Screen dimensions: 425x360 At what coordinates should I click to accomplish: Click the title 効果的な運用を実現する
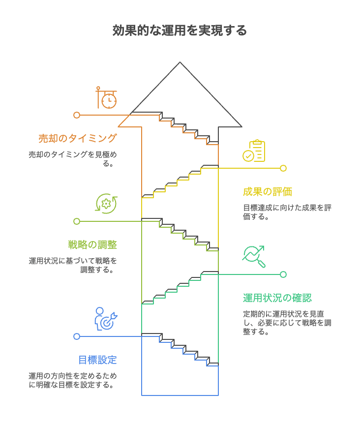(180, 30)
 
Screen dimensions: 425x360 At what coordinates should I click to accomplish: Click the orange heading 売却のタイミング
(78, 138)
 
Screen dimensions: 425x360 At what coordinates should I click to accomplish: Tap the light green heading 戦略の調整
(92, 244)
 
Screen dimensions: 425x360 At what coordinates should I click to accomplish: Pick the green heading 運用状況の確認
(277, 298)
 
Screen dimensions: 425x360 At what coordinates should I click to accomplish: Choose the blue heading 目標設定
(97, 360)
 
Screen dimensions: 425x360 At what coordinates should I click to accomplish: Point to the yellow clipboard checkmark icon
(254, 151)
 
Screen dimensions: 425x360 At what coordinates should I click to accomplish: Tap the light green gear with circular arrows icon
(106, 204)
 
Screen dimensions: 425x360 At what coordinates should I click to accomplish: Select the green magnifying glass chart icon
(254, 256)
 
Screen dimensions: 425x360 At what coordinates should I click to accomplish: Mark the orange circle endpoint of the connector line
(77, 115)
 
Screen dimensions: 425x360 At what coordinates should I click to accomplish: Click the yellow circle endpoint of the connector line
(283, 168)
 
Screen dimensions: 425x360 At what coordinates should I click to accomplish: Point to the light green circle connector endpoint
(77, 221)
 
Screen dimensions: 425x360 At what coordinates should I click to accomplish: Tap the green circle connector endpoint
(283, 274)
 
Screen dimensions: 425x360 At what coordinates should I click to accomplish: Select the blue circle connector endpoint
(77, 336)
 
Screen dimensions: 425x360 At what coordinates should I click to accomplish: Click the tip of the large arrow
(180, 63)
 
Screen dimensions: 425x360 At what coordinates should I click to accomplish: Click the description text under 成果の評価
(287, 212)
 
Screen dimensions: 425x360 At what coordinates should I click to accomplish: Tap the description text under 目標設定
(73, 380)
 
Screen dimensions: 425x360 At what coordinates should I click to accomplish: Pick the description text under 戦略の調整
(73, 265)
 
